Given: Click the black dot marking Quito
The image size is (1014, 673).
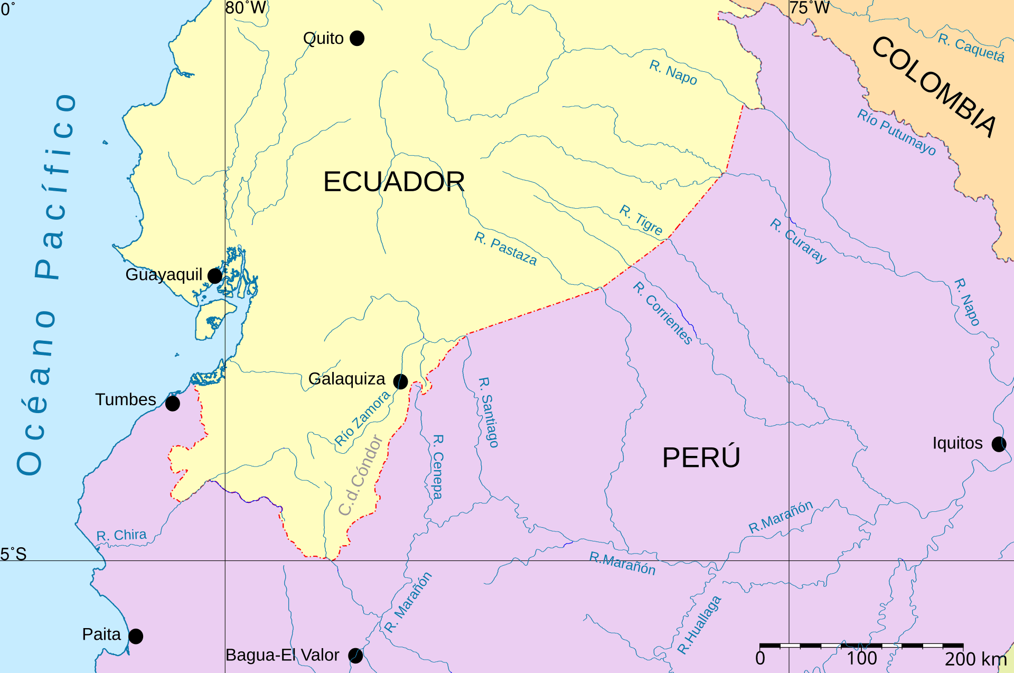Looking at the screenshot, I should click(x=357, y=38).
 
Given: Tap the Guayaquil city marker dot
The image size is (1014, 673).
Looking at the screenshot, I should click(x=215, y=276).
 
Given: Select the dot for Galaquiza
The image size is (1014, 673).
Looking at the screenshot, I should click(x=401, y=381).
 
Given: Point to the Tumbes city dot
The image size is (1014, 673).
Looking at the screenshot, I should click(x=173, y=404).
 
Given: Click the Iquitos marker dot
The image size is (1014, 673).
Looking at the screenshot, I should click(x=999, y=444).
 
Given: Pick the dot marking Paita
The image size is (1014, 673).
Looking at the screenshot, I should click(x=136, y=636).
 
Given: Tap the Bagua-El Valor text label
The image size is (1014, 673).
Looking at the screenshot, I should click(x=282, y=655).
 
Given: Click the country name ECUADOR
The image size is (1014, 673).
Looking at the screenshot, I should click(x=393, y=182).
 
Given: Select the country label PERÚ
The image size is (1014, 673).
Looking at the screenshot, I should click(x=701, y=457).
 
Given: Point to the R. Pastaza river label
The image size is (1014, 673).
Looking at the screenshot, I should click(x=505, y=248).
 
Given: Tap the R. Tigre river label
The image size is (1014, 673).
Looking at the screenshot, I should click(x=641, y=220).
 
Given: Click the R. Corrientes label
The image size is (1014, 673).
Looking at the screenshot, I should click(x=663, y=313).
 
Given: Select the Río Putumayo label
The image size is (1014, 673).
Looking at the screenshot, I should click(x=896, y=132).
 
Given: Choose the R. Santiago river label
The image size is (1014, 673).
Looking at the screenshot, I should click(x=489, y=412).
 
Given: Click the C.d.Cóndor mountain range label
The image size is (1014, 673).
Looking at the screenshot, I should click(x=361, y=475).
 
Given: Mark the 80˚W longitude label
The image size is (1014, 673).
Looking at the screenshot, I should click(x=246, y=8).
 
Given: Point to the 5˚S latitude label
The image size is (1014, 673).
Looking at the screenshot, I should click(x=13, y=554).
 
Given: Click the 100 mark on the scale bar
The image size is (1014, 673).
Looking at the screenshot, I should click(x=862, y=659).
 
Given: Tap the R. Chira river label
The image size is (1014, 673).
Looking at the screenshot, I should click(x=121, y=535).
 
